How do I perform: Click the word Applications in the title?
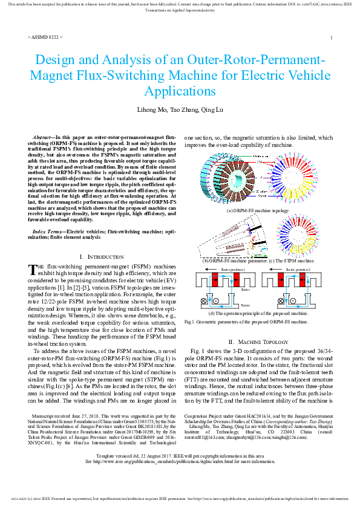[x=180, y=91]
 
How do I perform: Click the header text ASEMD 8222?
[x=45, y=37]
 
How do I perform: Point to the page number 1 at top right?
[x=332, y=37]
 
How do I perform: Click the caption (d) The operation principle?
[x=258, y=314]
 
